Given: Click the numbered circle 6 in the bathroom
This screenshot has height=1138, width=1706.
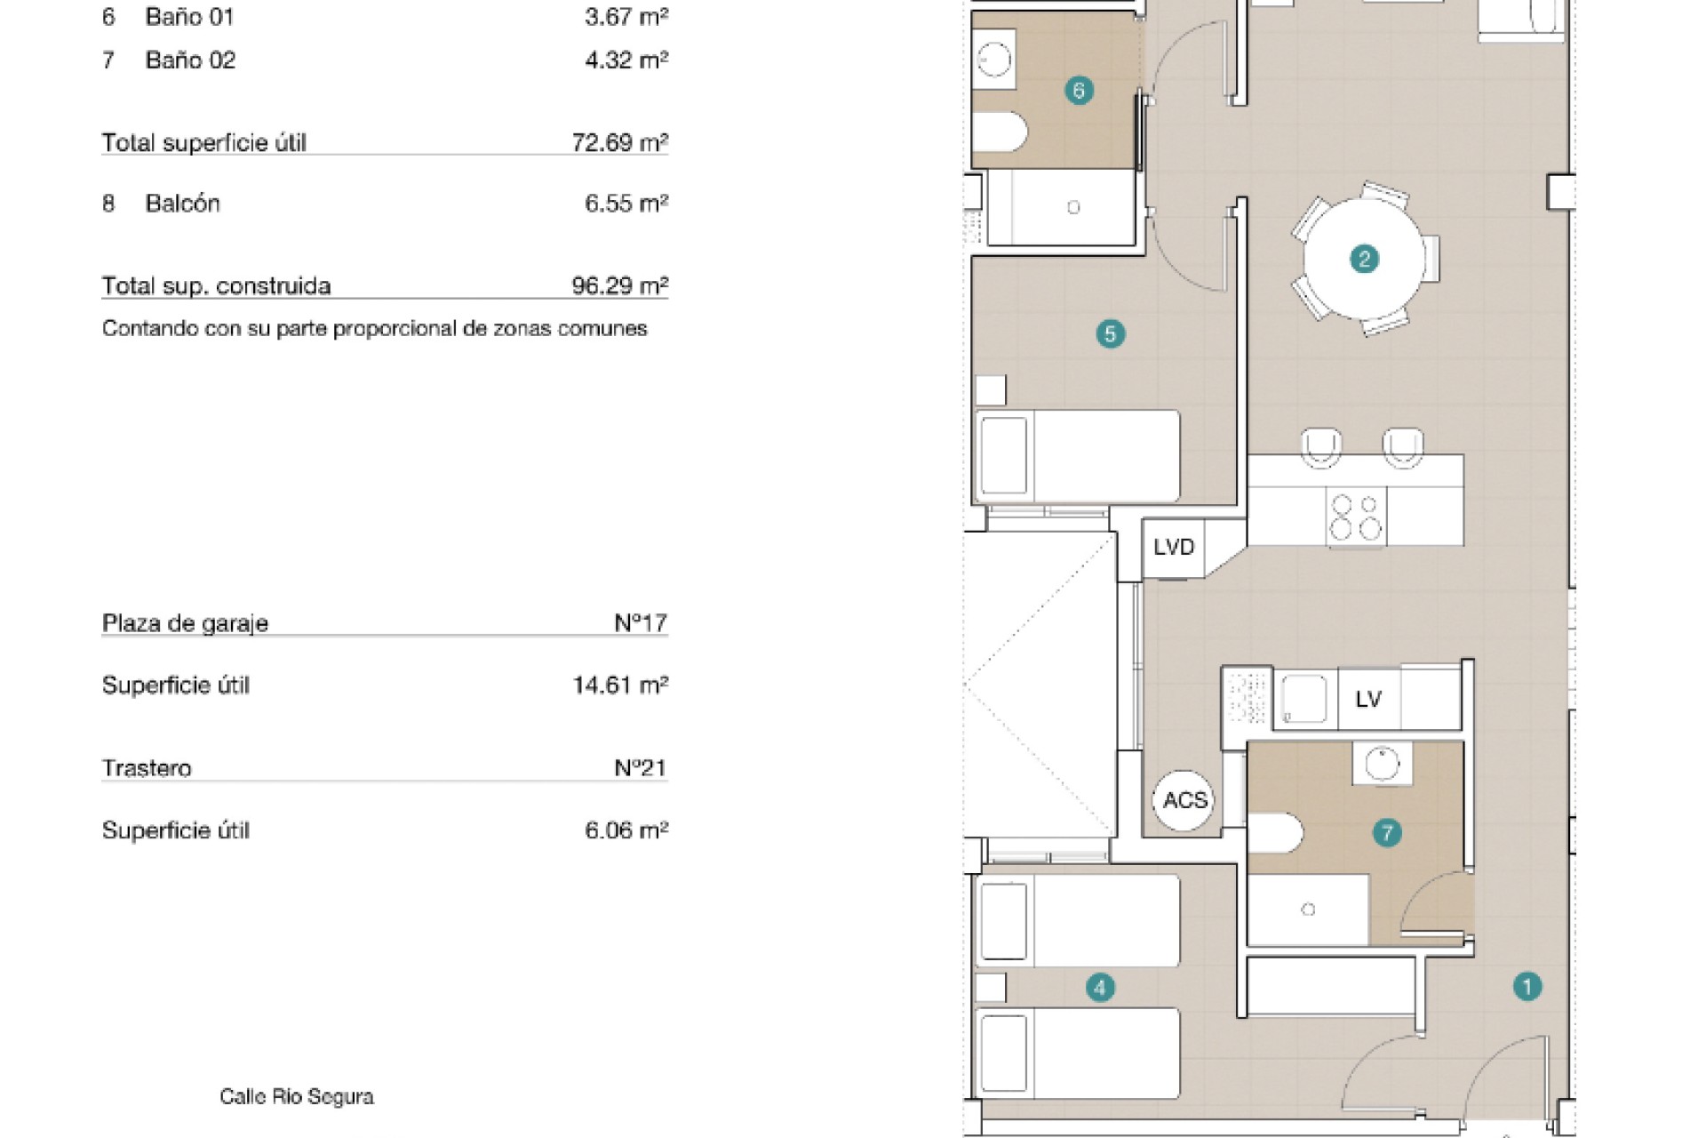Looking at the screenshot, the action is pos(1079,90).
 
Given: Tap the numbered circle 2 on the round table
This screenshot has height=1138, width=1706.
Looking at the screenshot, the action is pos(1364,259).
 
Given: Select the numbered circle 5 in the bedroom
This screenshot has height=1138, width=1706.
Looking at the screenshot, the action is pos(1110,334).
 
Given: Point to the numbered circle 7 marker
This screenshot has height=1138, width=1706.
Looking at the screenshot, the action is pos(1387,833).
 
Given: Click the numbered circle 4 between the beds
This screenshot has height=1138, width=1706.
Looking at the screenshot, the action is pos(1100,987).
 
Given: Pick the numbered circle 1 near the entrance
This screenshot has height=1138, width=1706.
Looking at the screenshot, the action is pos(1527,986).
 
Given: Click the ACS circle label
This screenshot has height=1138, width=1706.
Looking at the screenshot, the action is pos(1184,800).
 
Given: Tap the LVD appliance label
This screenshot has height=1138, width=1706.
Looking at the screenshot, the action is pos(1174,547).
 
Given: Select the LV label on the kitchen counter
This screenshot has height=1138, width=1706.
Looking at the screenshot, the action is pos(1368,700).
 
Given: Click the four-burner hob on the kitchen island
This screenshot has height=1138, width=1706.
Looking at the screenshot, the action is pos(1356,517).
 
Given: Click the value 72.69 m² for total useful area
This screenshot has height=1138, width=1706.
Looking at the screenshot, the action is pos(620,142).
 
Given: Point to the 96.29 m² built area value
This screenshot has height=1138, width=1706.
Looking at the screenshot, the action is pos(620,285).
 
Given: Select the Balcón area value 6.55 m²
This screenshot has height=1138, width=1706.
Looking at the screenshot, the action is pos(626,203).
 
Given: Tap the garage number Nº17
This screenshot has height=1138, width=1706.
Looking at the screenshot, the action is pos(641,622).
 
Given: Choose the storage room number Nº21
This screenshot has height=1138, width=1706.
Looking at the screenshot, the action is pos(641,767).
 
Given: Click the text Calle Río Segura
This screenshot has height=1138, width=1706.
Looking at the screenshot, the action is pos(297,1097).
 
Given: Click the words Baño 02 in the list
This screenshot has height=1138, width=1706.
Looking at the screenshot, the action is pos(190,60).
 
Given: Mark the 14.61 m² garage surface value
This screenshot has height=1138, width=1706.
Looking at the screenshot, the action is pos(620,685).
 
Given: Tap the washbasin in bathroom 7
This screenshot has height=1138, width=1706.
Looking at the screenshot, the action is pos(1382,763).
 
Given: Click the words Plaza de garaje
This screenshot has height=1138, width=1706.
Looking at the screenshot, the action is pos(185,623).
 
